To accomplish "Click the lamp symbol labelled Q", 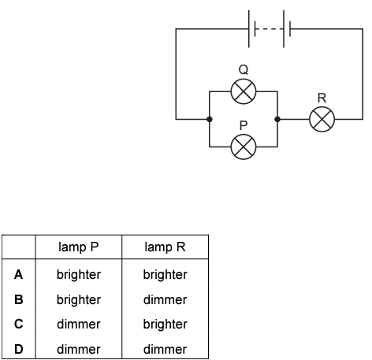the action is (244, 91).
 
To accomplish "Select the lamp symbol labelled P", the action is (244, 147).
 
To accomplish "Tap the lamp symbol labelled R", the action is (322, 119).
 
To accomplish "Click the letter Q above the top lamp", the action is (244, 70).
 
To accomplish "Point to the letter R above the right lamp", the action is (322, 98).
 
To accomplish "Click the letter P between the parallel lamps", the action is (244, 125).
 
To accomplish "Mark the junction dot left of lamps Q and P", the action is (210, 119).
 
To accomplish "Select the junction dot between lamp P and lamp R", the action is (277, 119).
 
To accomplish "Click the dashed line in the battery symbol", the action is (270, 29).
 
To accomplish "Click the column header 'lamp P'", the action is (79, 247).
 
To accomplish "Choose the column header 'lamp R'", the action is (165, 247).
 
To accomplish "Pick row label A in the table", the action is (18, 275).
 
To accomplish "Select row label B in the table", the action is (19, 299).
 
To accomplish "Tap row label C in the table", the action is (19, 324).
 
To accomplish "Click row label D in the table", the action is (19, 349).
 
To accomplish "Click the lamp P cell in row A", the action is (79, 275).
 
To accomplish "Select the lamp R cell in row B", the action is (165, 299).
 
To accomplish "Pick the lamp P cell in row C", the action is (79, 324).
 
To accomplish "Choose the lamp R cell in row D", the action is (165, 349).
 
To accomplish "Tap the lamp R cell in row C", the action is (165, 325).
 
